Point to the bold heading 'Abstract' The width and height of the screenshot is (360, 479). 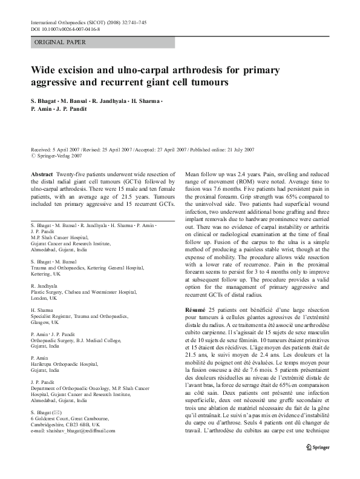42,173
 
